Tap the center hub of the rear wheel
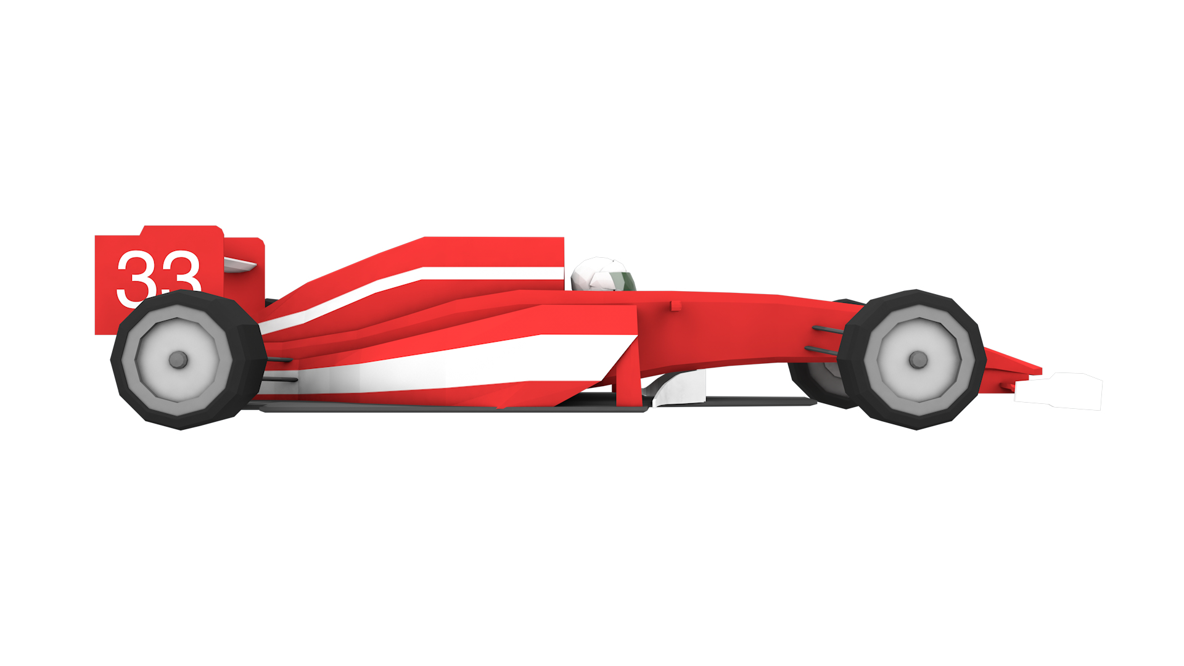click(178, 360)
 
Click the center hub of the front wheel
click(918, 360)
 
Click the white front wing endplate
click(1061, 391)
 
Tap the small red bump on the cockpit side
click(676, 305)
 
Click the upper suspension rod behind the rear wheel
click(279, 359)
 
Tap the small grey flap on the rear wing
click(239, 265)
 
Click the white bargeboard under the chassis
click(681, 388)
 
